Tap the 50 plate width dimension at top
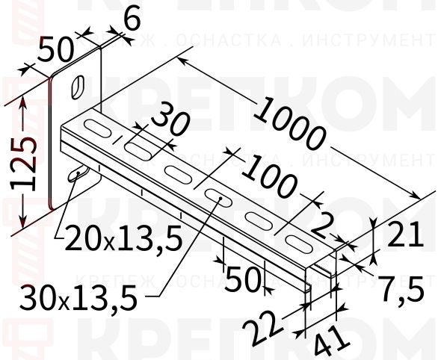click(x=55, y=50)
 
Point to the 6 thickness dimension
click(x=132, y=20)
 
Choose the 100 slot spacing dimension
click(x=271, y=179)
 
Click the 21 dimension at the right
click(x=407, y=236)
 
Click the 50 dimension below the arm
click(x=243, y=279)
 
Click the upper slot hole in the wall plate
click(x=77, y=87)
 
